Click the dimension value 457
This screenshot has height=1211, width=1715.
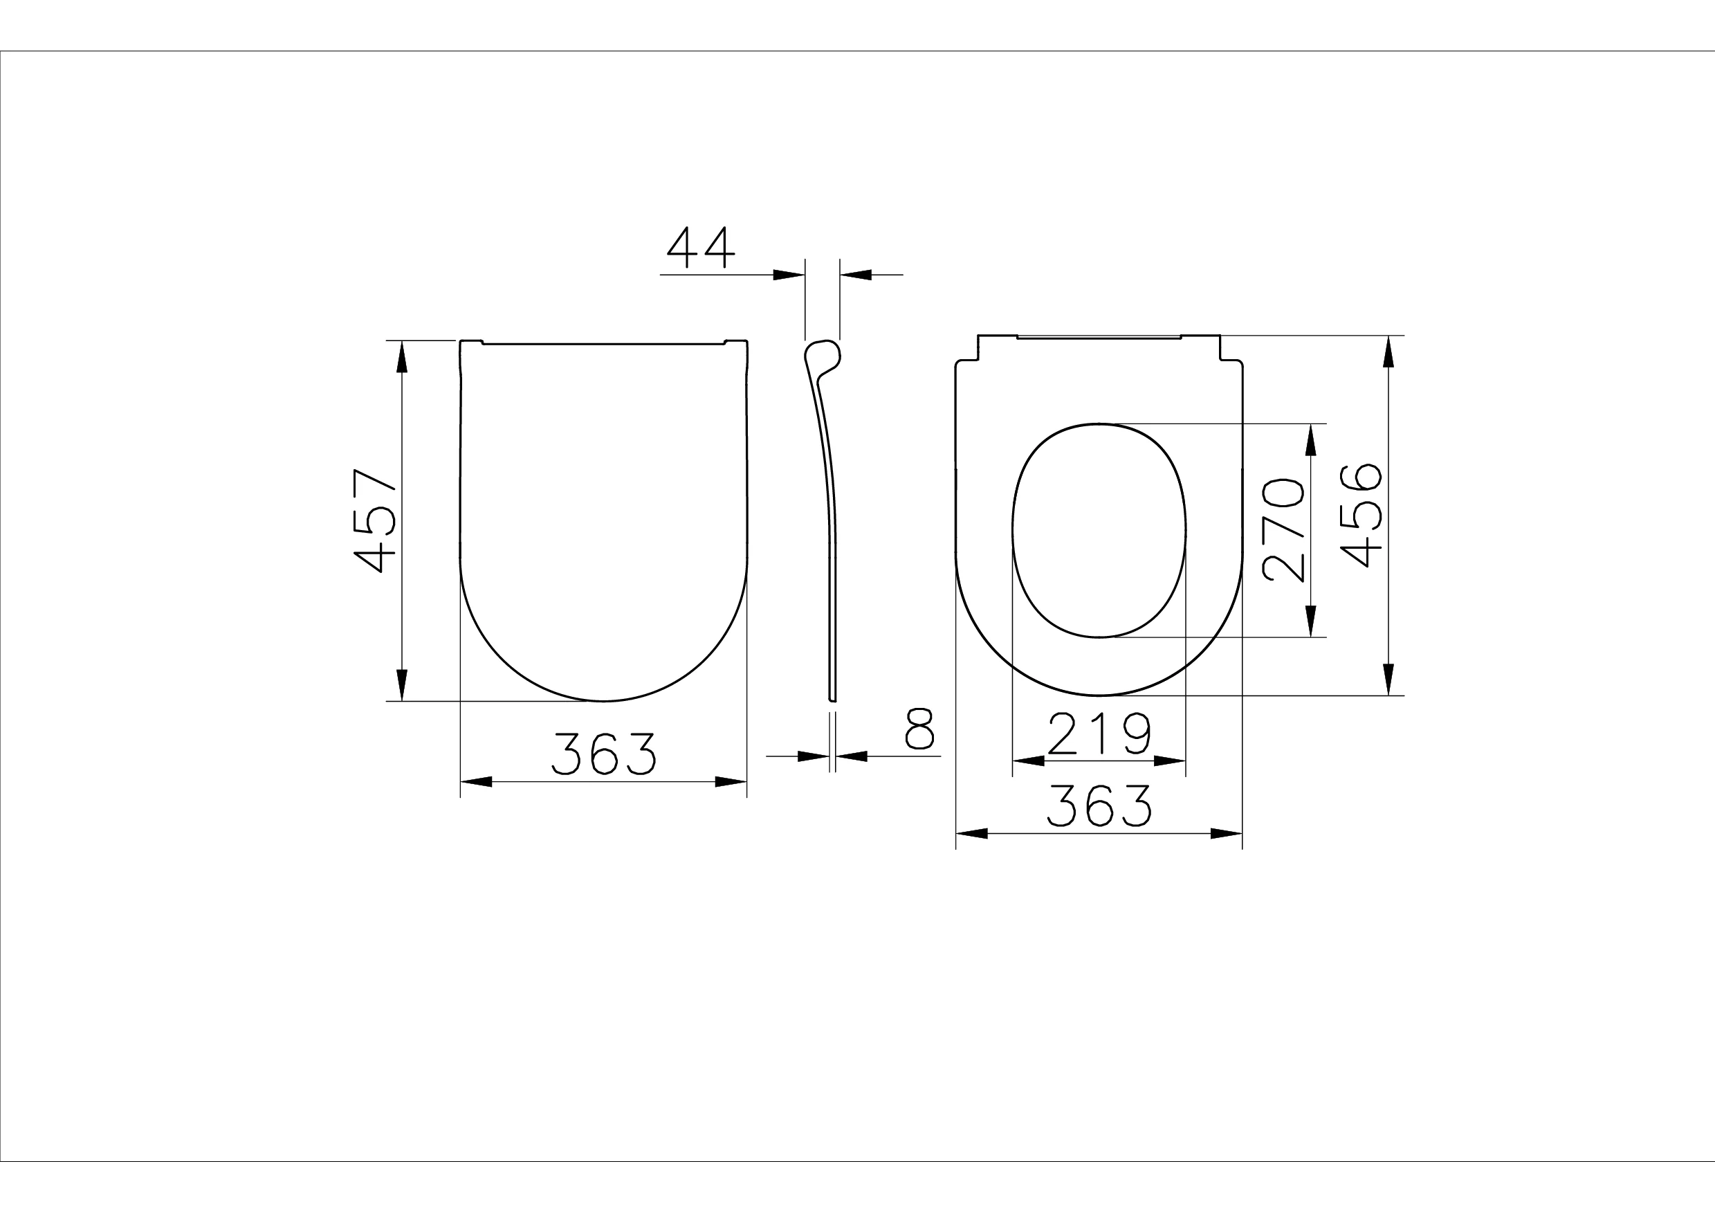click(374, 520)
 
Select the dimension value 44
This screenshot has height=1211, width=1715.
click(701, 247)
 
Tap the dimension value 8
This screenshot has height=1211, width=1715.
click(919, 729)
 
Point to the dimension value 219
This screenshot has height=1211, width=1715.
click(1099, 734)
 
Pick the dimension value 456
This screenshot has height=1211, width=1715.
click(1361, 516)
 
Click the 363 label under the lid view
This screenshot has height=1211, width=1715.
click(603, 754)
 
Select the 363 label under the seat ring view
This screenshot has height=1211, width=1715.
click(1099, 805)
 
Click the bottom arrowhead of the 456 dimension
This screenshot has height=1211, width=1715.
click(1388, 679)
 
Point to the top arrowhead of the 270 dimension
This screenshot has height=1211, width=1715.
click(1310, 440)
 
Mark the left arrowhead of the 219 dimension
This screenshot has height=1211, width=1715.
click(1029, 761)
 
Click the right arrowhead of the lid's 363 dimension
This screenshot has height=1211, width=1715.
click(731, 782)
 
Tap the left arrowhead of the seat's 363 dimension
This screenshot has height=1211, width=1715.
click(973, 834)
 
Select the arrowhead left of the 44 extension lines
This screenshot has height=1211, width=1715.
click(789, 275)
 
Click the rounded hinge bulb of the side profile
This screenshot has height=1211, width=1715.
click(823, 354)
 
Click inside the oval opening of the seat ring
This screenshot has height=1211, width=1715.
click(1099, 531)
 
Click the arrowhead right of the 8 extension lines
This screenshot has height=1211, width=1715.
click(852, 756)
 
